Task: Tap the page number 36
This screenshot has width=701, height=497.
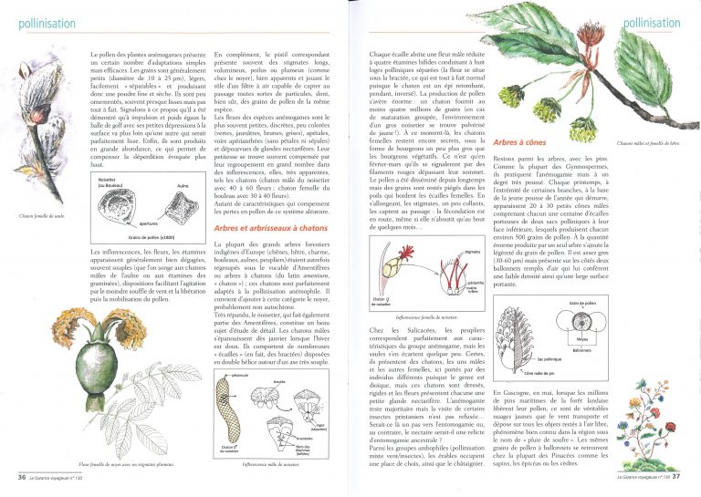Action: pos(22,476)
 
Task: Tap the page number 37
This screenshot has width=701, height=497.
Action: pos(681,476)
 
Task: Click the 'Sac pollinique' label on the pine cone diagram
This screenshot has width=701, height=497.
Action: pos(550,360)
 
